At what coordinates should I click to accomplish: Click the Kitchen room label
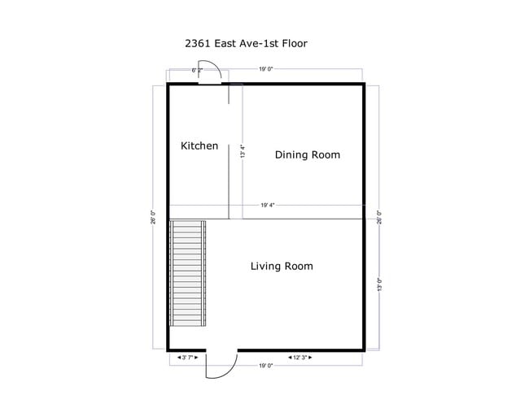[x=199, y=145]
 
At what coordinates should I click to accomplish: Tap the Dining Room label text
[x=307, y=154]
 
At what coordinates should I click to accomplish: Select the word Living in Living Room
[x=265, y=266]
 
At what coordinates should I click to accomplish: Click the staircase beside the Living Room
[x=186, y=274]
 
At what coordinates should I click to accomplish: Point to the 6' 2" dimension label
[x=197, y=71]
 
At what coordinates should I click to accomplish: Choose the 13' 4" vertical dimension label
[x=243, y=152]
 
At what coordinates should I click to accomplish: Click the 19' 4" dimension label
[x=268, y=205]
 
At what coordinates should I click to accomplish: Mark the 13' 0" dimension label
[x=378, y=284]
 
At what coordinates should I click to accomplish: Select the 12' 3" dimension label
[x=300, y=358]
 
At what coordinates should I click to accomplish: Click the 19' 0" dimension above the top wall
[x=266, y=70]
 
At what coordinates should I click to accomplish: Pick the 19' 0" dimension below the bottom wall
[x=265, y=366]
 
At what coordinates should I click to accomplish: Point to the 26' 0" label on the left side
[x=153, y=218]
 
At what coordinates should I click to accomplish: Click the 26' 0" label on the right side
[x=378, y=218]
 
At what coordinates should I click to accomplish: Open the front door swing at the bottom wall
[x=220, y=364]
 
